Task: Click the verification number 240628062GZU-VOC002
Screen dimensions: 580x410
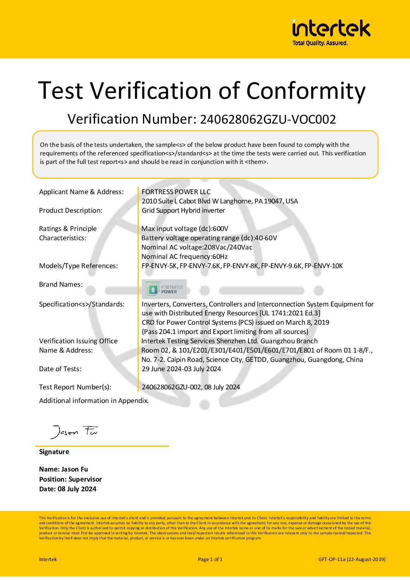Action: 267,119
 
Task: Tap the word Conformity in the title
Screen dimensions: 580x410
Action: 306,91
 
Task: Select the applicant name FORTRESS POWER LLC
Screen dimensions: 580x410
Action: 176,192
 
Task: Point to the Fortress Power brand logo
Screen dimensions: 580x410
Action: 164,289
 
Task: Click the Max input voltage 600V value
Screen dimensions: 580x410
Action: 220,229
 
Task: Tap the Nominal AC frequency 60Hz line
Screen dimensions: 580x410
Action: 184,256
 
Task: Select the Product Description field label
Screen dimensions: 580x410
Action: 71,210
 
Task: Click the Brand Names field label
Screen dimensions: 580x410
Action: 61,284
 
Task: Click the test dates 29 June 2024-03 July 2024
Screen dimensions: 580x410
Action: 181,369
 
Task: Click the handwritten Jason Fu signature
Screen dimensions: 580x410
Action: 74,431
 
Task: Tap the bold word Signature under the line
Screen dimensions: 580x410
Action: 54,452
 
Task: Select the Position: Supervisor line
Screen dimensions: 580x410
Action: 71,479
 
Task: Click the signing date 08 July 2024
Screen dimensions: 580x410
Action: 77,489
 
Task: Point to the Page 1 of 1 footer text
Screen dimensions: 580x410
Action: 210,559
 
